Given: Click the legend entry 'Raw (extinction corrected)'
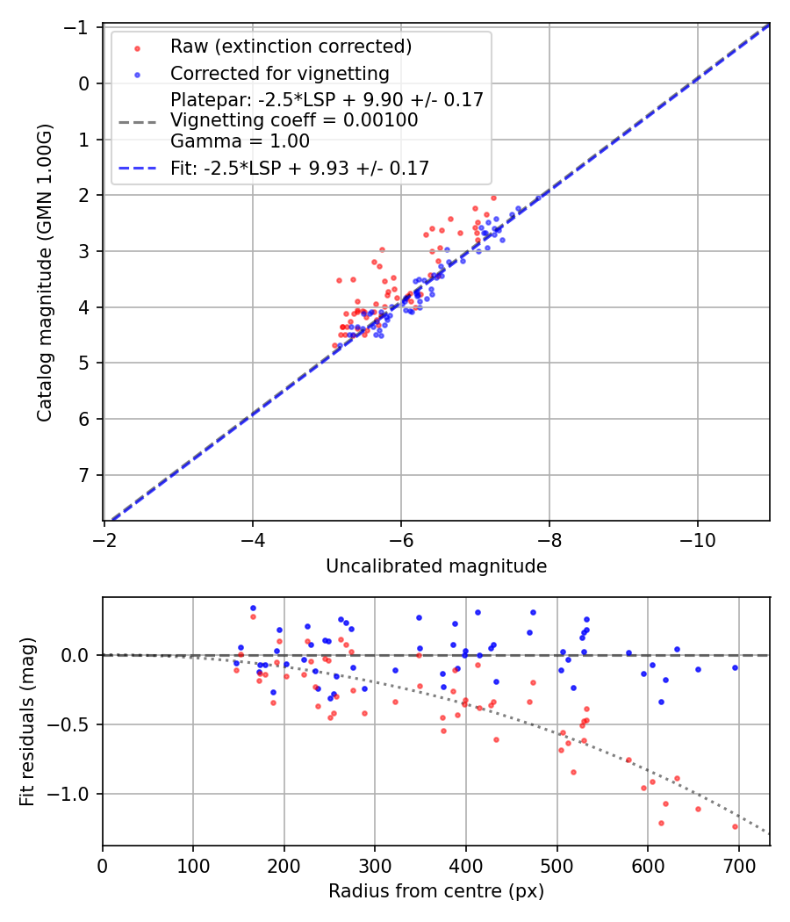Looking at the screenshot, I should click(x=291, y=47).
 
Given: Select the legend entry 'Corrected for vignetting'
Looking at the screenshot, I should click(x=279, y=73).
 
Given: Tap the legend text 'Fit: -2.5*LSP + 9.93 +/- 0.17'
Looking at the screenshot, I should click(x=299, y=169).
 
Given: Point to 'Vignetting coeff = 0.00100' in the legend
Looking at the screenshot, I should click(x=294, y=120).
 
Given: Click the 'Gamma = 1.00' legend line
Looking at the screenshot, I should click(x=240, y=140).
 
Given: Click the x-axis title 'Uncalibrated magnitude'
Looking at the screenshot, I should click(x=436, y=567).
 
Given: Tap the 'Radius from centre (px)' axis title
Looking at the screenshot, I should click(x=436, y=892).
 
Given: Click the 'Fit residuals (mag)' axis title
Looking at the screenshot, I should click(x=27, y=721).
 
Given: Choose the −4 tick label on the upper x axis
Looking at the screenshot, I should click(x=253, y=537).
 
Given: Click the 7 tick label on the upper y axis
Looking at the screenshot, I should click(x=85, y=475).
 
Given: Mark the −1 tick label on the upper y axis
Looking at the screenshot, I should click(x=80, y=28).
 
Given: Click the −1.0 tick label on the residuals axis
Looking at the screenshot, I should click(x=74, y=794).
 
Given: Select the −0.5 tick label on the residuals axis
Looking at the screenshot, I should click(x=74, y=724).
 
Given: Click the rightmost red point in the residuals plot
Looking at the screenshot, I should click(x=735, y=826).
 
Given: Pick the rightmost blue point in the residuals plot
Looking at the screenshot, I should click(x=735, y=667).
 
